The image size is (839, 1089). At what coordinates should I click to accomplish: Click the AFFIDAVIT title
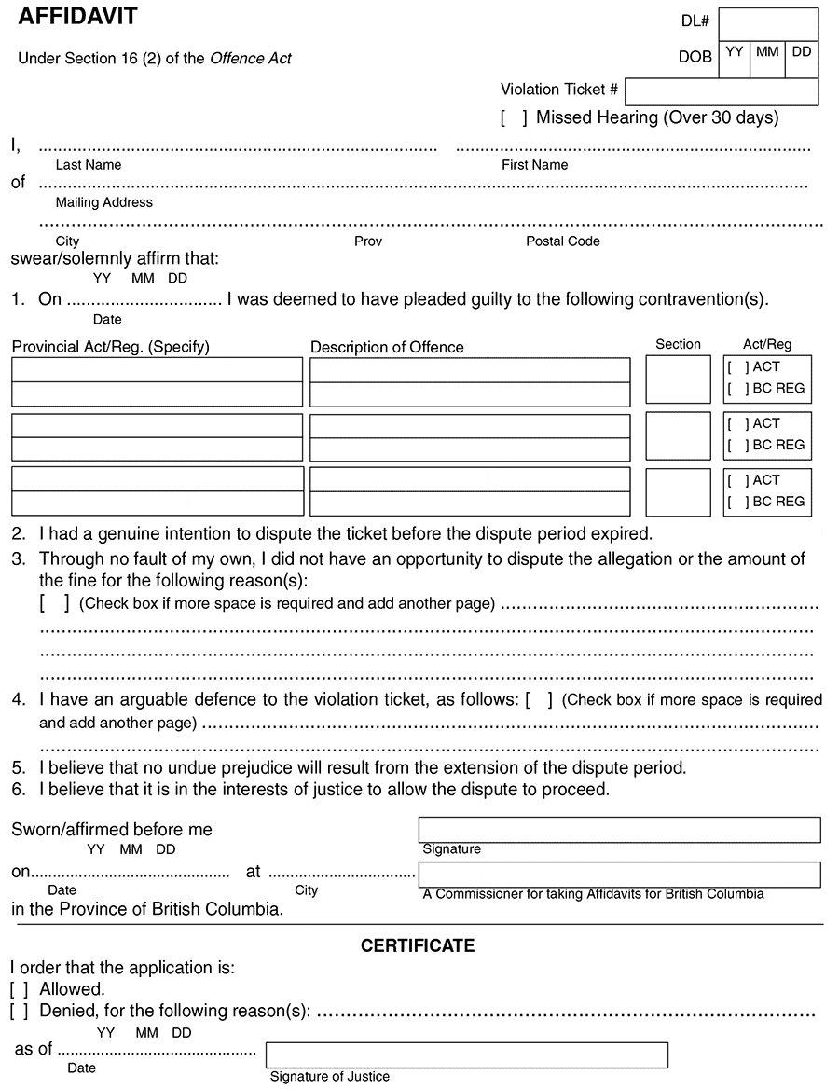click(x=77, y=16)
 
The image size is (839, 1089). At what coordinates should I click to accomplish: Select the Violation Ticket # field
click(x=721, y=91)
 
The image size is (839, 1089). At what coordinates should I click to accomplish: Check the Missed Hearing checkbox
click(x=514, y=118)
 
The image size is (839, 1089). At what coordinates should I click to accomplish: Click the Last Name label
click(x=89, y=165)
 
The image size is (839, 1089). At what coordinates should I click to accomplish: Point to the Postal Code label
click(x=563, y=241)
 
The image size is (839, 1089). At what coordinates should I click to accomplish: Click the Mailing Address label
click(x=104, y=202)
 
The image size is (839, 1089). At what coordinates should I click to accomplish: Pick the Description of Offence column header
click(x=387, y=348)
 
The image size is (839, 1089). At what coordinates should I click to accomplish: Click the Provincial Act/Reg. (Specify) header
click(x=111, y=348)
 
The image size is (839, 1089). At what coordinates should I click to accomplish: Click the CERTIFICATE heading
click(x=418, y=946)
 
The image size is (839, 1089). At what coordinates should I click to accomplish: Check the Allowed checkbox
click(x=19, y=989)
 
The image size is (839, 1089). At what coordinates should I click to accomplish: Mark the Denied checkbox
click(x=19, y=1011)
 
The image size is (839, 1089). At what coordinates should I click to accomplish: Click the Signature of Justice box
click(x=466, y=1055)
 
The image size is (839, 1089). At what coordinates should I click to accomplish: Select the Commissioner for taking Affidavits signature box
click(x=619, y=874)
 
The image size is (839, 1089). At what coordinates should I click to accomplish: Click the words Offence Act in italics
click(x=251, y=59)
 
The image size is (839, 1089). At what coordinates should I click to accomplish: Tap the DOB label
click(x=695, y=57)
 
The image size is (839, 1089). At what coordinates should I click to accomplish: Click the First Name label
click(x=535, y=165)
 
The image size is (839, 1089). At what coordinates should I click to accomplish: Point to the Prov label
click(x=368, y=241)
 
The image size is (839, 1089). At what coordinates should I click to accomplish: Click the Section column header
click(x=678, y=344)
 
